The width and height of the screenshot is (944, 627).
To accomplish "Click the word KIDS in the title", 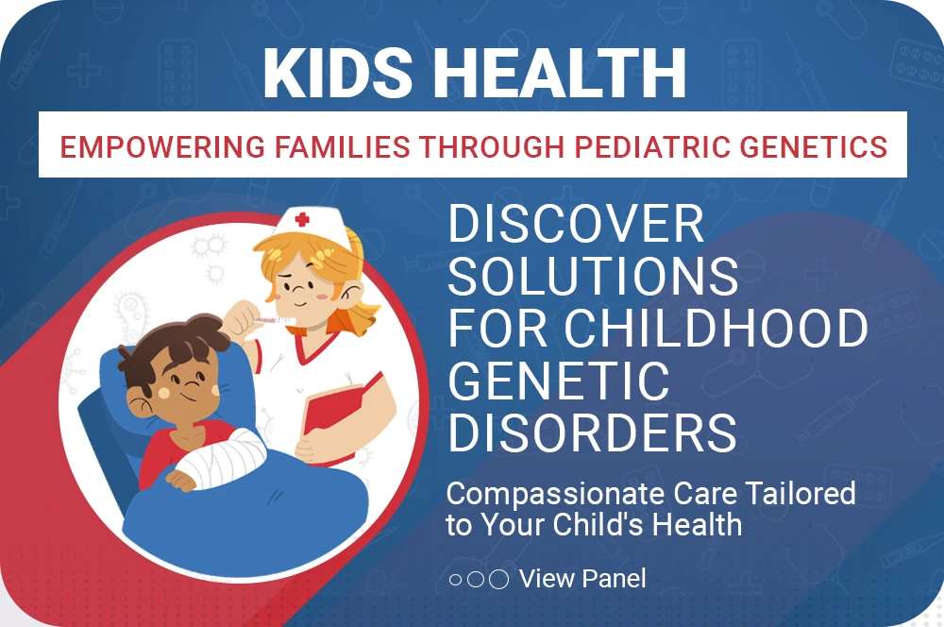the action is point(338,73).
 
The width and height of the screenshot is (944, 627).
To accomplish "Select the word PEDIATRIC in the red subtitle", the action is point(651,147).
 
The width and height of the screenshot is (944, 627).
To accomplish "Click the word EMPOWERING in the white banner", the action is point(162,147).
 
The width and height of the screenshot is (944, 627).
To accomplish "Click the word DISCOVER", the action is point(576,224).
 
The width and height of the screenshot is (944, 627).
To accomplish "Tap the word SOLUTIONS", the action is point(594,276).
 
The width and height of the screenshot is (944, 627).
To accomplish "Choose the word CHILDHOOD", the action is point(716,328).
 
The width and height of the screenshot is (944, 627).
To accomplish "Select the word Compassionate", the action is point(555,494).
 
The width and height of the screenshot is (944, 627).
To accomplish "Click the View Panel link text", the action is point(582,579).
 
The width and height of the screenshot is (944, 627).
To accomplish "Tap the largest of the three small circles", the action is point(498,580).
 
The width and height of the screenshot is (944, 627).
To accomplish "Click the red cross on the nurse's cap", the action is point(302,219).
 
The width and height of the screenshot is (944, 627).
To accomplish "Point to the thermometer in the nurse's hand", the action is point(274,320).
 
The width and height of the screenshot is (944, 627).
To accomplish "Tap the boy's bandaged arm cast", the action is point(224,459).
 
